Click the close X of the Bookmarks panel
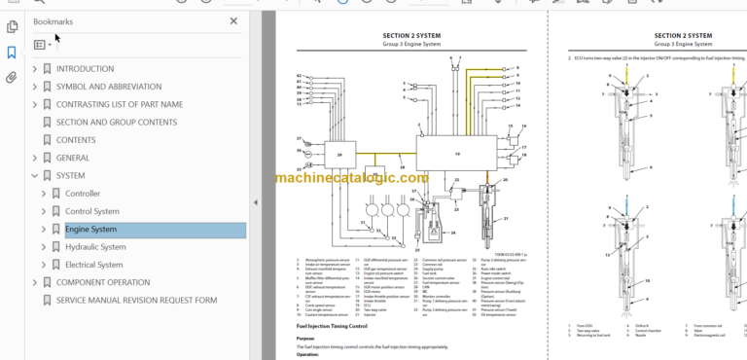[233, 20]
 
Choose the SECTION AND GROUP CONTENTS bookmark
[117, 123]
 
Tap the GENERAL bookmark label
[73, 158]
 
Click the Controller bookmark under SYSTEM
[83, 194]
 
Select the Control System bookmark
[92, 211]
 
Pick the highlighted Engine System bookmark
[90, 230]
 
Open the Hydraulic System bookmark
[95, 247]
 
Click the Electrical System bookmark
[94, 265]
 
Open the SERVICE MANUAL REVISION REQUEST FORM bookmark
[136, 300]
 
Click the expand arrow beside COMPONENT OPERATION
[35, 282]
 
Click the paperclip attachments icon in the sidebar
[11, 79]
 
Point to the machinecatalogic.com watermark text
[351, 178]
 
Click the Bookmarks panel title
[53, 20]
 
